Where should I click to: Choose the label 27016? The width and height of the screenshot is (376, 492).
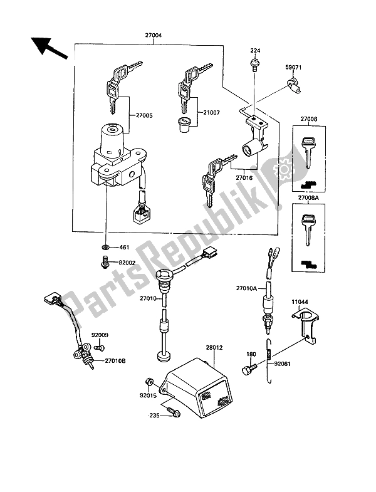tap(244, 178)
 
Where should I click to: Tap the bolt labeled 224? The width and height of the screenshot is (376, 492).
tap(254, 63)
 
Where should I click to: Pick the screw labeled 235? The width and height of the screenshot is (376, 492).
tap(174, 414)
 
